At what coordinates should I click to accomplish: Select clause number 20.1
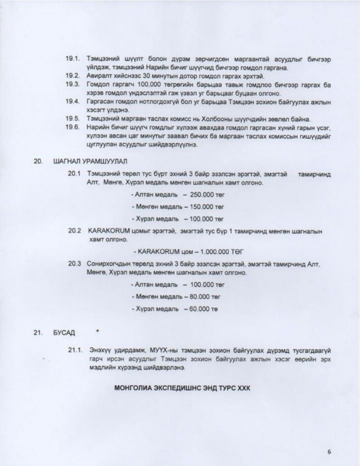pos(74,174)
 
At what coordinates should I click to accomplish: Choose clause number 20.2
pos(74,231)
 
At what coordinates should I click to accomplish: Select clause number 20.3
pos(74,264)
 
